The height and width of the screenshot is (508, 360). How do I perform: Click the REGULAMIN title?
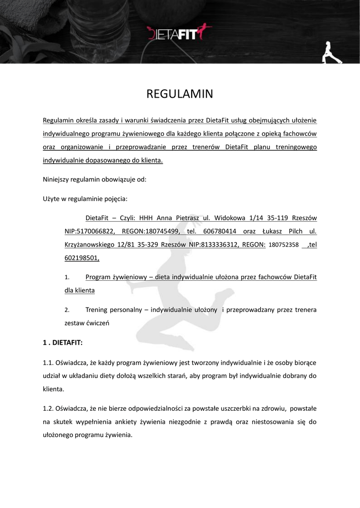[180, 94]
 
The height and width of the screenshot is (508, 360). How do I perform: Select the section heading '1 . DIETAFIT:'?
[63, 342]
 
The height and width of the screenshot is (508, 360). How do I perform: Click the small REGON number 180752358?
[284, 245]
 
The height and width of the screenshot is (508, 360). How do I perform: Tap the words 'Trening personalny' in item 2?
[114, 310]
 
